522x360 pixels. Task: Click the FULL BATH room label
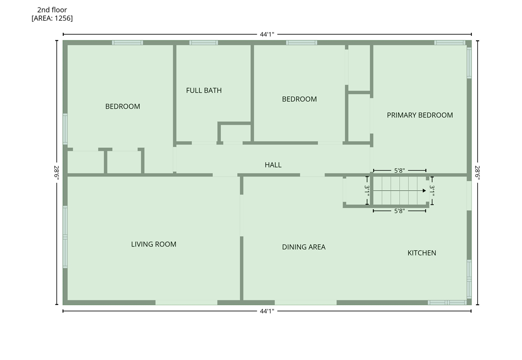click(204, 90)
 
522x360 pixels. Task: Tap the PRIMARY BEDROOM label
click(420, 115)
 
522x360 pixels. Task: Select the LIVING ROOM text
click(154, 244)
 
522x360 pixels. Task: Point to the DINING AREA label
click(304, 247)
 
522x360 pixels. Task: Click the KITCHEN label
click(422, 253)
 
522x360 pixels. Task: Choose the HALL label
click(273, 165)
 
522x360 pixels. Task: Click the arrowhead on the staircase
click(424, 191)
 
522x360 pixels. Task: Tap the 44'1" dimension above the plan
click(267, 34)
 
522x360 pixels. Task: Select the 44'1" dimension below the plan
click(267, 311)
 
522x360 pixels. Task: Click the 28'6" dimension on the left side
click(57, 173)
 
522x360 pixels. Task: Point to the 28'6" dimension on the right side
click(478, 173)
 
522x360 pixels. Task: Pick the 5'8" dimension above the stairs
click(399, 171)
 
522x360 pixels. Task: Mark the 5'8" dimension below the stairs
click(399, 211)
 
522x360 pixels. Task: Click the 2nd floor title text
click(52, 10)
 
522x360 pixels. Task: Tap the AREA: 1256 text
click(52, 18)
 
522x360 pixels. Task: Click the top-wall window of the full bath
click(203, 42)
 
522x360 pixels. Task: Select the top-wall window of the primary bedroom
click(449, 42)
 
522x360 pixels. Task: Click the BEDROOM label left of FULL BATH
click(122, 107)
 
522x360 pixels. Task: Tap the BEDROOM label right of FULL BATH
click(299, 99)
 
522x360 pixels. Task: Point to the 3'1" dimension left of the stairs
click(367, 191)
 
